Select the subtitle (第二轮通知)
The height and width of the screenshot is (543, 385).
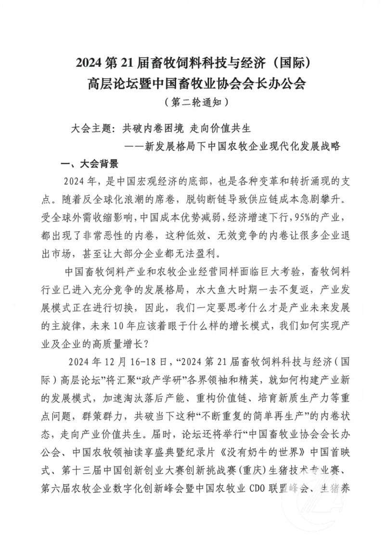point(192,102)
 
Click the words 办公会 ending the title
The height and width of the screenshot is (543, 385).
point(285,83)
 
